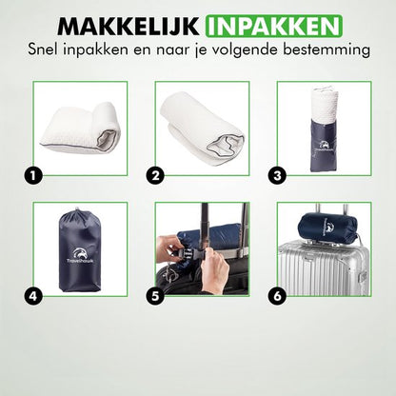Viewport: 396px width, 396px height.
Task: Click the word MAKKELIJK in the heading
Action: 128,26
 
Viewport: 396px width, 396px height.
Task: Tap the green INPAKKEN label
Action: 274,26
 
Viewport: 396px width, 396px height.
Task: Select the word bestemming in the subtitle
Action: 327,49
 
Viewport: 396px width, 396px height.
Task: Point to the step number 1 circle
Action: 33,176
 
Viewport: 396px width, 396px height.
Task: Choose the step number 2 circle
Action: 155,176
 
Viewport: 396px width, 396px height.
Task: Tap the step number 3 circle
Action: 277,176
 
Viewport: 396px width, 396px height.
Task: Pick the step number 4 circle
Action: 33,296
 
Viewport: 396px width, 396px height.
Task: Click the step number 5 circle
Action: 155,296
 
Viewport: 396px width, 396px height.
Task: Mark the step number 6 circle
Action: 277,296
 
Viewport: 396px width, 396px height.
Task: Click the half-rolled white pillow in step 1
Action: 80,128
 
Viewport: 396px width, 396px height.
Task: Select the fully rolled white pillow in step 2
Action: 202,125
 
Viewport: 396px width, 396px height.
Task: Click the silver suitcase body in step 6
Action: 324,268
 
